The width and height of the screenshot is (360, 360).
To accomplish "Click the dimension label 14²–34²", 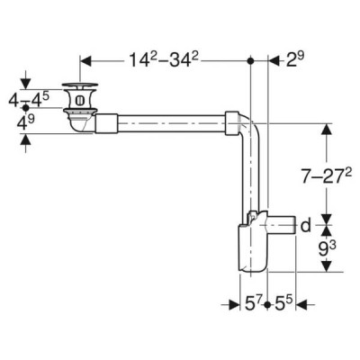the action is coord(164,59).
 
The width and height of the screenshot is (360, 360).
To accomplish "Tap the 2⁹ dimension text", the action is coord(295,59).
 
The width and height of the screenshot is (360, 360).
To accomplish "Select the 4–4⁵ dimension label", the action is coord(29,99).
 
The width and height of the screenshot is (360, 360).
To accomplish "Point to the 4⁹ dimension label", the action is coord(25,122).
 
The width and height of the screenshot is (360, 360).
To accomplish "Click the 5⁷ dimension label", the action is coord(254,305).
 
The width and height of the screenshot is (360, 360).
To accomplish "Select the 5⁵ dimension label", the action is coord(283,305).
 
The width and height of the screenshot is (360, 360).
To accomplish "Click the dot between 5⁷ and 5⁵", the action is coord(267,305).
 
